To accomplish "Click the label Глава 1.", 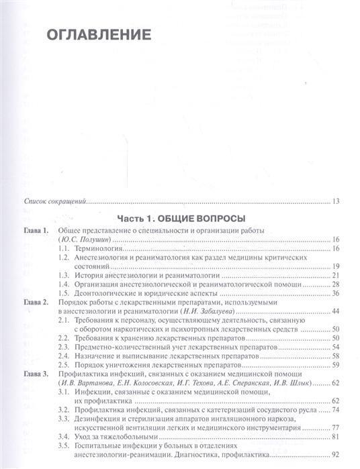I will tap(36, 231).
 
